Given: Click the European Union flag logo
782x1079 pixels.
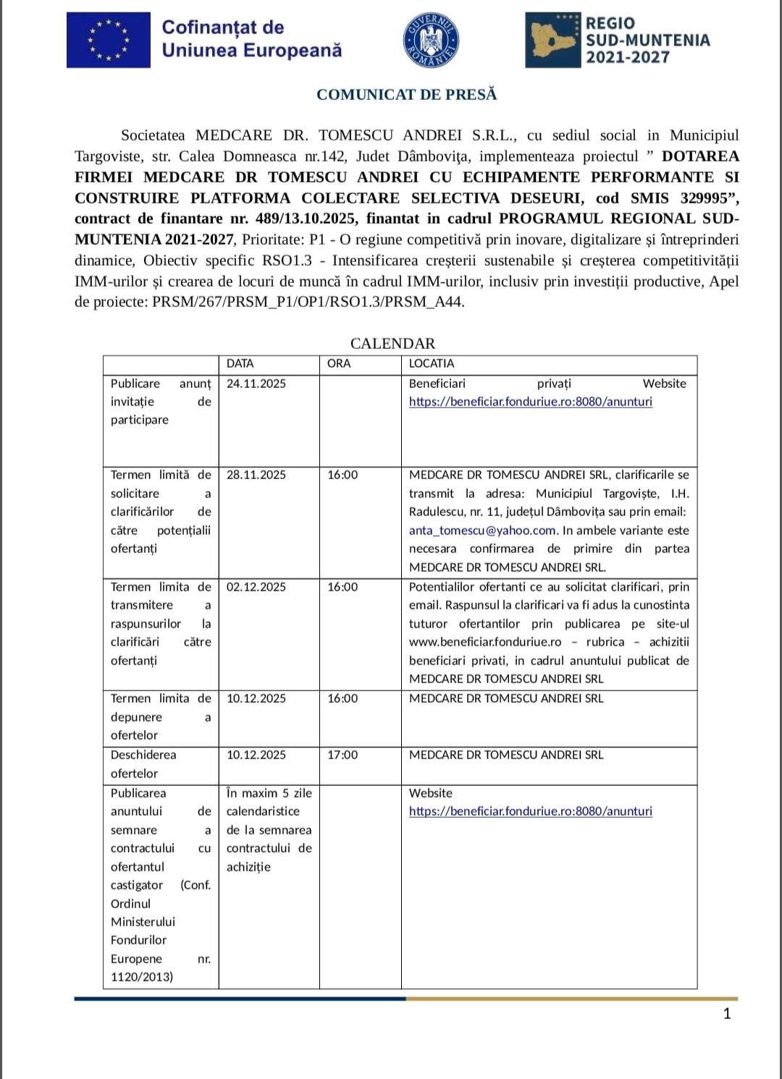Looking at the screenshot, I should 109,40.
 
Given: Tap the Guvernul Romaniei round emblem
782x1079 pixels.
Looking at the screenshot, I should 431,40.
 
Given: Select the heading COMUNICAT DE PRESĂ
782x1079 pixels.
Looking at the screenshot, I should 407,95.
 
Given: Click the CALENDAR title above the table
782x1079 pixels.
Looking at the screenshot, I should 392,344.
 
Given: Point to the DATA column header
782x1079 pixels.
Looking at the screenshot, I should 240,363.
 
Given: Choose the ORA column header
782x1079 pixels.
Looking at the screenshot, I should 339,363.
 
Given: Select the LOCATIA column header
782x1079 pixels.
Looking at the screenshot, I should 432,363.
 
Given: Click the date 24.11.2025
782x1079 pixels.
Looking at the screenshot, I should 256,384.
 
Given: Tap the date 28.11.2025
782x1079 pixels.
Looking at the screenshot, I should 256,475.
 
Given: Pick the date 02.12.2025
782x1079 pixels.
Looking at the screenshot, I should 256,587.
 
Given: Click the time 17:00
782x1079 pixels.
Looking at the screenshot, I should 342,755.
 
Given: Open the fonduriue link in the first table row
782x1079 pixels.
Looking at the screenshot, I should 531,402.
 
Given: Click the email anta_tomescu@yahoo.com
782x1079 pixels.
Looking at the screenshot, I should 482,530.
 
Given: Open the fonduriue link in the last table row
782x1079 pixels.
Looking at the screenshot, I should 531,811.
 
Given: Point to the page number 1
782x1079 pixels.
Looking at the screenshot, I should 727,1013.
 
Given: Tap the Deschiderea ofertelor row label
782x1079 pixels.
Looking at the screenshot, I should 143,763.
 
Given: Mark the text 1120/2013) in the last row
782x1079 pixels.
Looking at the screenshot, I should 142,977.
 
